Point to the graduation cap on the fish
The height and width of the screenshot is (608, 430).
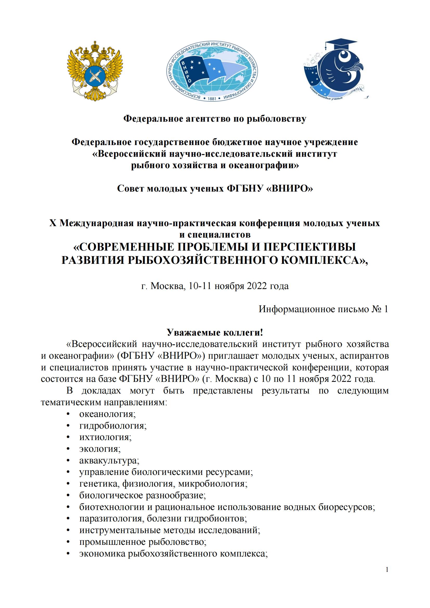tap(341, 45)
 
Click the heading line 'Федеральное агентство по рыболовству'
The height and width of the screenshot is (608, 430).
tap(215, 119)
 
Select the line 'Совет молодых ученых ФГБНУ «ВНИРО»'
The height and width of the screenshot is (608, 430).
tap(215, 188)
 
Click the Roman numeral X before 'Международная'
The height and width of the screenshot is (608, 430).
tap(53, 223)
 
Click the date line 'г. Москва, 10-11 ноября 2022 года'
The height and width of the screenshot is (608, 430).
tap(215, 286)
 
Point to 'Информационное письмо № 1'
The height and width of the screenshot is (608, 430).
tap(323, 309)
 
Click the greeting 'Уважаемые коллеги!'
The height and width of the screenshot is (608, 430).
tap(215, 332)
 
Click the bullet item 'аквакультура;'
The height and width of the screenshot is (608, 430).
tap(109, 460)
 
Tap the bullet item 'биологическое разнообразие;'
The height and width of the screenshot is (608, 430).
tap(142, 495)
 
